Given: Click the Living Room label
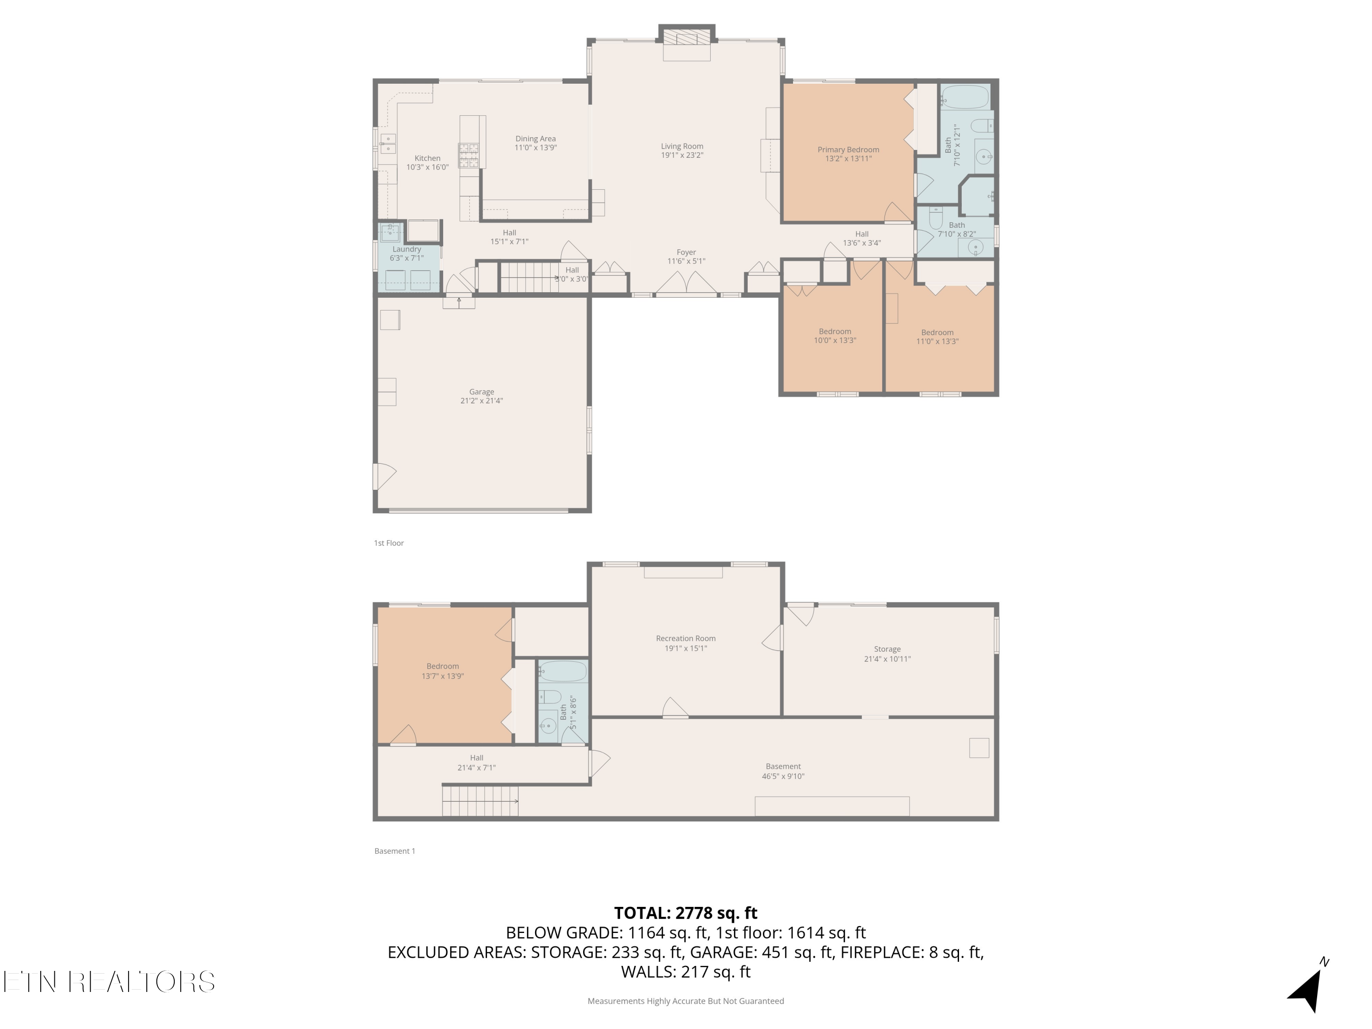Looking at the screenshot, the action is (682, 146).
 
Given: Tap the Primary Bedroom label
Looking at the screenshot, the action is (848, 150).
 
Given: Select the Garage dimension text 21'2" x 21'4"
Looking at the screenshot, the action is (481, 401).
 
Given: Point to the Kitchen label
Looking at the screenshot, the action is (427, 158).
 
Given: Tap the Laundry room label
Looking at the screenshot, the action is (406, 249).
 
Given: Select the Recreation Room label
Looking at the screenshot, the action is (686, 638).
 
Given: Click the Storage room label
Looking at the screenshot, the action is (887, 649).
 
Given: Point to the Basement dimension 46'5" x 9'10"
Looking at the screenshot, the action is (783, 776).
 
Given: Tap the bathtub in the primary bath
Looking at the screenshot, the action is (965, 97).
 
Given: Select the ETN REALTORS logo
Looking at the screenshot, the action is (109, 982).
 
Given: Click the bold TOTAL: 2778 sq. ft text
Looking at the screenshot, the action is (686, 913).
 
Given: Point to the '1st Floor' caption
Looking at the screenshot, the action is (388, 543).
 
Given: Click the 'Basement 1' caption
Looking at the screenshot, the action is (395, 851).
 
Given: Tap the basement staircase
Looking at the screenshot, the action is (480, 801).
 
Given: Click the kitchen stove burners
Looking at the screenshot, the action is (468, 155).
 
